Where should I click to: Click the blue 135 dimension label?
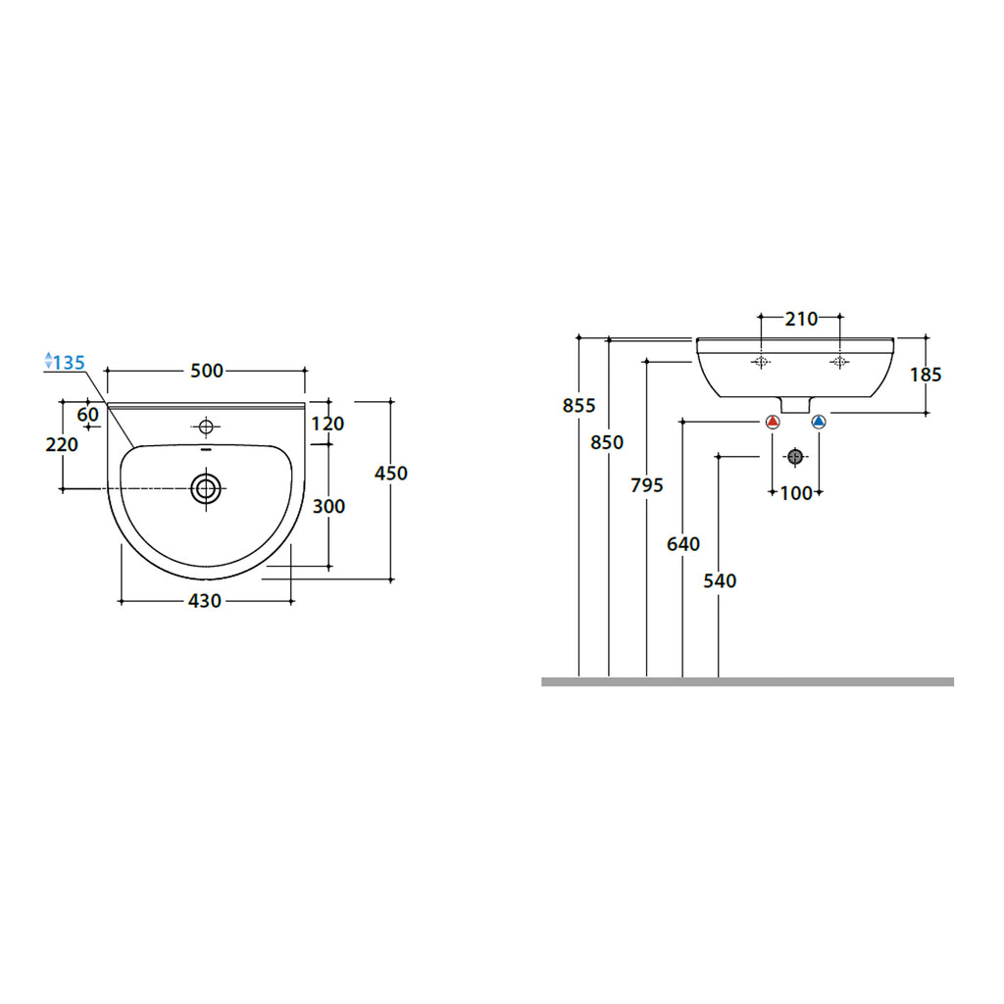click(x=68, y=363)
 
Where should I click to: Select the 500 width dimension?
click(x=207, y=371)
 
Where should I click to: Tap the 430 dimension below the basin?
click(x=204, y=601)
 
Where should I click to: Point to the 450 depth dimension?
click(x=391, y=474)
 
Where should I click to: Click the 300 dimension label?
click(x=328, y=506)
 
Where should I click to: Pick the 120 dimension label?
click(x=328, y=424)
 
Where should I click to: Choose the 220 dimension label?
click(x=62, y=444)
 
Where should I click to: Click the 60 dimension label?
click(x=88, y=415)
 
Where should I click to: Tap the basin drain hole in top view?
click(x=206, y=487)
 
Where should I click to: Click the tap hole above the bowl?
click(x=206, y=426)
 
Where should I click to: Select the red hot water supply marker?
click(x=773, y=423)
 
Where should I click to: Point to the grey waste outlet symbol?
click(x=795, y=457)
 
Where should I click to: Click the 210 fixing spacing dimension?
click(x=800, y=319)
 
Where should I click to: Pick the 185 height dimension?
click(x=926, y=374)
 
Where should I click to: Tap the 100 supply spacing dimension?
click(x=796, y=493)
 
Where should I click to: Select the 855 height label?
click(x=578, y=405)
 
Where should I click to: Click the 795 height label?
click(x=647, y=484)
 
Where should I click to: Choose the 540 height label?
click(x=719, y=580)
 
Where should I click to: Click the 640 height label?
click(x=682, y=542)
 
